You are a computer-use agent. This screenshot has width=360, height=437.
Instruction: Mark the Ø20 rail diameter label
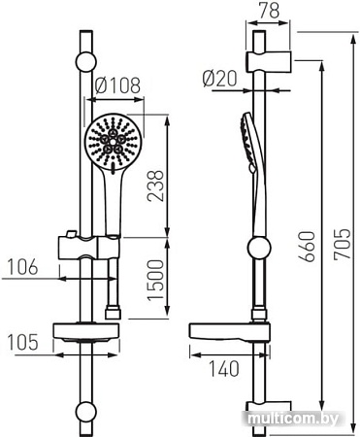(x=220, y=79)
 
